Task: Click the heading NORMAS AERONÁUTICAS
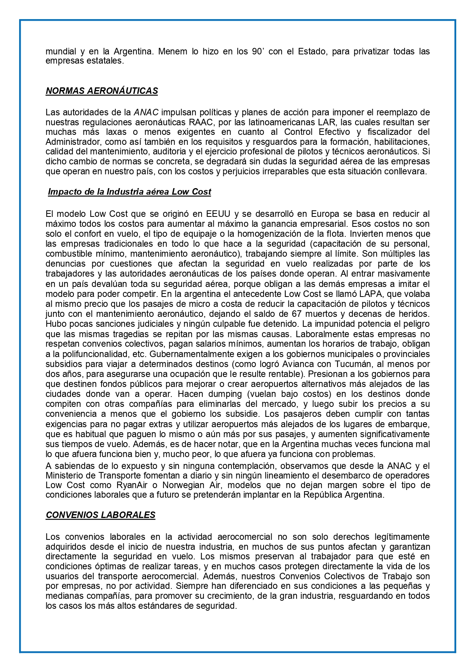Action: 102,91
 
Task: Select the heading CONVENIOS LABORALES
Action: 100,515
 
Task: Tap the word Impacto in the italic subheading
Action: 62,192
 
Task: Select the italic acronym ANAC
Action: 146,112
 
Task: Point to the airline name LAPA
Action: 358,294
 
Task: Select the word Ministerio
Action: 66,475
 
